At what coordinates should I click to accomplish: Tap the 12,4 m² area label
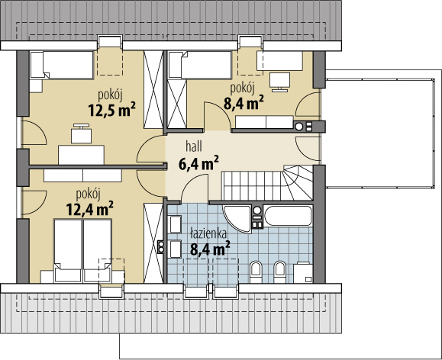point(89,208)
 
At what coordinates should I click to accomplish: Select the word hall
point(194,147)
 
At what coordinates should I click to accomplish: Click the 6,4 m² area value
point(198,163)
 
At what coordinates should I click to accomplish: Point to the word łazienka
point(208,234)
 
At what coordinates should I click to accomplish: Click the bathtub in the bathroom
point(288,216)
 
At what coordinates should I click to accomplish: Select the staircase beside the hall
point(269,182)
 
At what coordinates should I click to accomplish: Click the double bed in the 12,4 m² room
point(82,250)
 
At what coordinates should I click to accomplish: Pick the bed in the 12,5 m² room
point(62,65)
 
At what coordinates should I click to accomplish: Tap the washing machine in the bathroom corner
point(303,273)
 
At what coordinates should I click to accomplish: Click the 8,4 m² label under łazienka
point(210,248)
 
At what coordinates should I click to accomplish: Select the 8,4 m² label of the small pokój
point(244,103)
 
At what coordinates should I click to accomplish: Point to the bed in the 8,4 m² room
point(200,65)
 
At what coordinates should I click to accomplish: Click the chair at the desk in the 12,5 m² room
point(81,133)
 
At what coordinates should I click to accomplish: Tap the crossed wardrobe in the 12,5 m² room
point(153,89)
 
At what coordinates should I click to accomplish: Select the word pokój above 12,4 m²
point(89,194)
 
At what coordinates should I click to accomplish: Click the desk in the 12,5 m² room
point(82,155)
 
